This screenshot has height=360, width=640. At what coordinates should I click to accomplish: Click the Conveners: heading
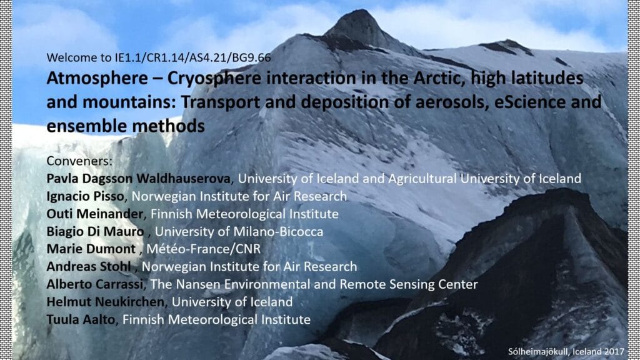(x=79, y=161)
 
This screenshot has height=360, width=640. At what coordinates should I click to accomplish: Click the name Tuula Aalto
(x=81, y=319)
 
